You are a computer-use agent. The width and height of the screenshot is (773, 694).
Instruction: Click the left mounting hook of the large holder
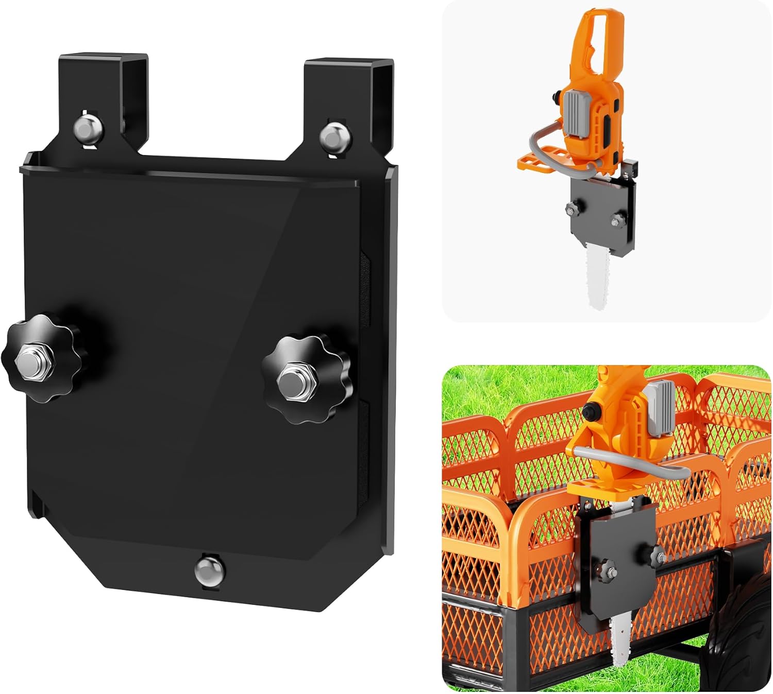pos(103,77)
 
